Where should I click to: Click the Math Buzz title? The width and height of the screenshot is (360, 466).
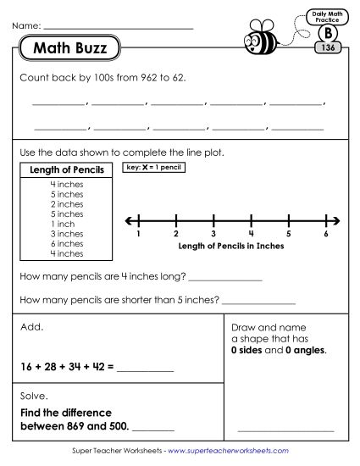(70, 49)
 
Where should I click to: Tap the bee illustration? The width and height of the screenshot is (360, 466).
(260, 39)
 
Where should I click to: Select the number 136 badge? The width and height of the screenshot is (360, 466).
(326, 48)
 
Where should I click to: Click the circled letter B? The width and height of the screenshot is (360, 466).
(326, 33)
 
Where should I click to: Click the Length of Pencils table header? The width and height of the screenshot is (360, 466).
(66, 170)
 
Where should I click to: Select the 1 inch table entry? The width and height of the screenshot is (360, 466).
(66, 223)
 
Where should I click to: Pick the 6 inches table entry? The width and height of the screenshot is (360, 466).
(66, 243)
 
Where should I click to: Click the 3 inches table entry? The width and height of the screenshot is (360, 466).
(66, 233)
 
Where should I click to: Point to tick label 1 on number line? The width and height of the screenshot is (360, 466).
(137, 233)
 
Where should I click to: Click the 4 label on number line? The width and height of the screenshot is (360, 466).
(251, 233)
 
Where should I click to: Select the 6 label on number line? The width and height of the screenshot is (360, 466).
(326, 233)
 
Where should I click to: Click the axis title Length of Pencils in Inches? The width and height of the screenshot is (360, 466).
(231, 246)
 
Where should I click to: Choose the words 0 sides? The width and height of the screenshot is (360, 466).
(249, 349)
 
